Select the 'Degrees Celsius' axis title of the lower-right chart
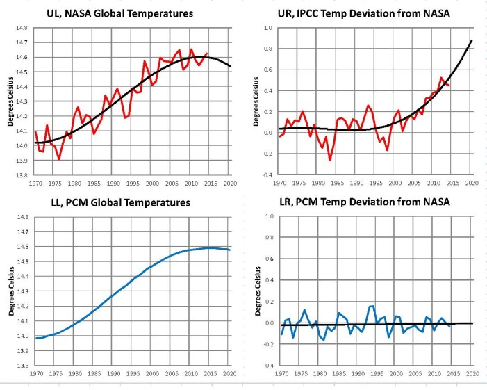[x=256, y=292]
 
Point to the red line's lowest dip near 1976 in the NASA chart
[x=59, y=159]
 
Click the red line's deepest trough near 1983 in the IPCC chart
[x=330, y=161]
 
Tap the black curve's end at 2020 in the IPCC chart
[x=472, y=40]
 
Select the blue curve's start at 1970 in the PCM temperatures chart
[x=36, y=338]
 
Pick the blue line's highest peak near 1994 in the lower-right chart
[x=373, y=306]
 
